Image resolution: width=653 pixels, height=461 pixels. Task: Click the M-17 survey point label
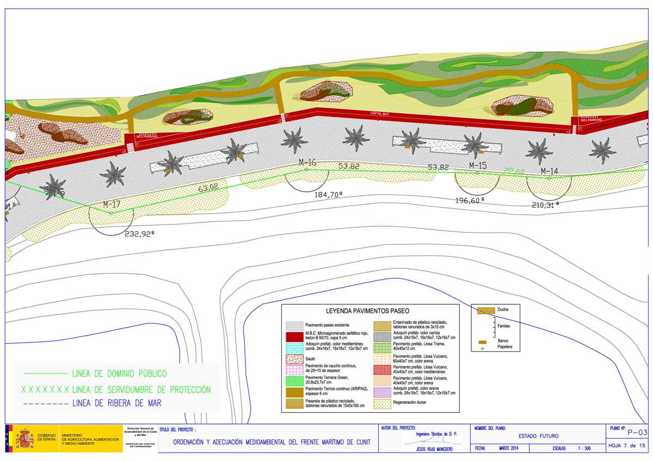(112, 205)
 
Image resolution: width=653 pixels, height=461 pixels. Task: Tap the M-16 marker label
(307, 163)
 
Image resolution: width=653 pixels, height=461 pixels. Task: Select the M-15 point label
(477, 165)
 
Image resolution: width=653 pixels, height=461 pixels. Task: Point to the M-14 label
(549, 171)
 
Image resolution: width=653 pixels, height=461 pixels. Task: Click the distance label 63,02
(208, 188)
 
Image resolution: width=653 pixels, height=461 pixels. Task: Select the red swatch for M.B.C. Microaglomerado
(294, 337)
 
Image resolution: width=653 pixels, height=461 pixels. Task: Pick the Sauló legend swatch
(294, 359)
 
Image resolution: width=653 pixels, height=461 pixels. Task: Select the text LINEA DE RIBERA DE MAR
(116, 403)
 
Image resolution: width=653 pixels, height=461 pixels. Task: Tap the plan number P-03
(636, 433)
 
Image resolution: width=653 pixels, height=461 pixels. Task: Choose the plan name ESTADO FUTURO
(538, 436)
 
